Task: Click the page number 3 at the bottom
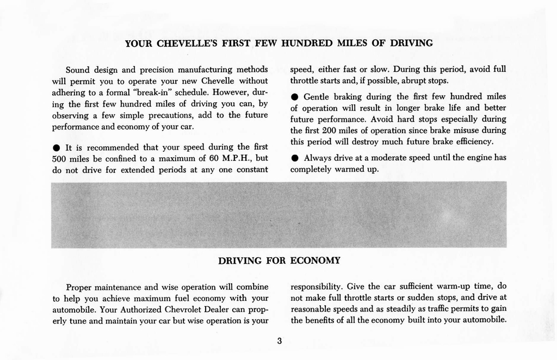click(x=279, y=342)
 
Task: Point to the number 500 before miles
click(x=59, y=158)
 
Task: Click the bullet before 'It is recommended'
click(x=57, y=148)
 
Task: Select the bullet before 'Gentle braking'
click(x=294, y=97)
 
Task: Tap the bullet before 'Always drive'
click(x=294, y=158)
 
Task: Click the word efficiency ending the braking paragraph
click(x=473, y=142)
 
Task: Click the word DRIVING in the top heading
click(x=411, y=43)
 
